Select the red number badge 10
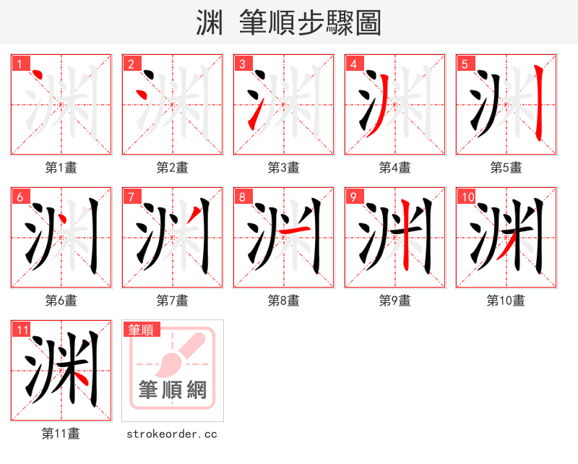pos(467,197)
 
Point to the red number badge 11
pos(22,330)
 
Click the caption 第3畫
pos(283,168)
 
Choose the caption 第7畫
pos(172,301)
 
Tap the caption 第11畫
pos(61,434)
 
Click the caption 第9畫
pos(394,301)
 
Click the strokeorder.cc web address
pos(172,434)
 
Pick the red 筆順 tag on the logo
pos(141,330)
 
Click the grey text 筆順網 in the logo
pos(173,390)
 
